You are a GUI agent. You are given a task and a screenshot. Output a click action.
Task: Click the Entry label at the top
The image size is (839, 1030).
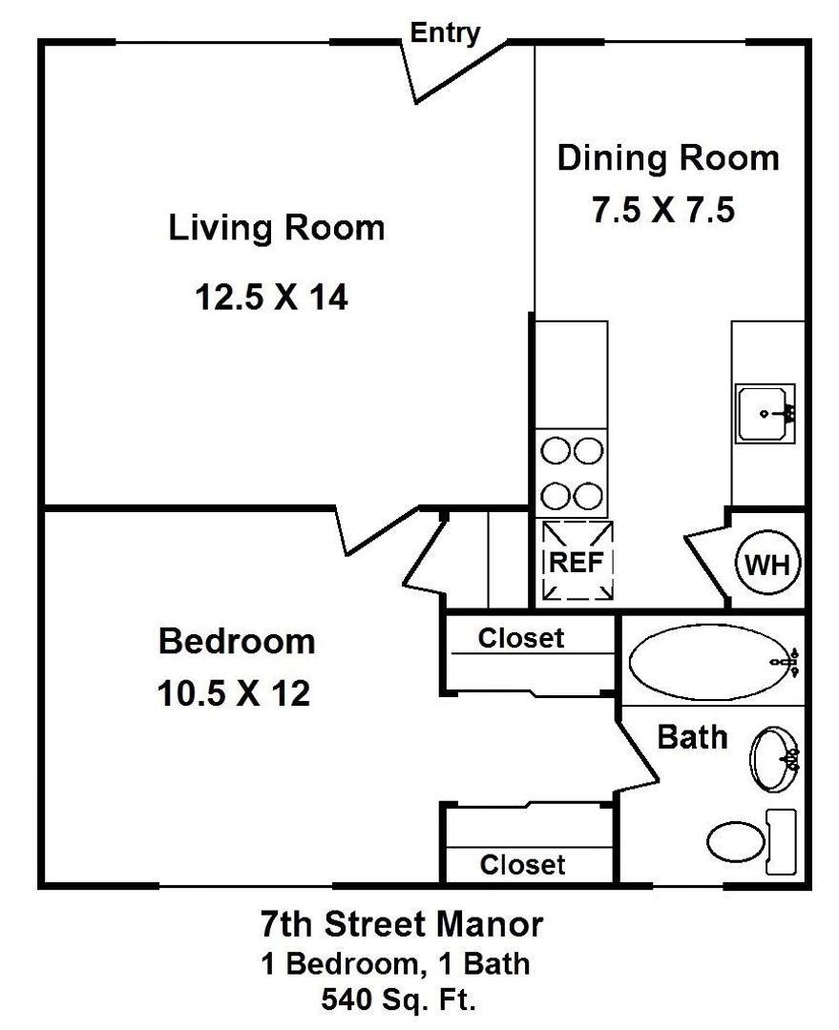click(445, 32)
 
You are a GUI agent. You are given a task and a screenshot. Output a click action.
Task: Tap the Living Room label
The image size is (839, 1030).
click(277, 228)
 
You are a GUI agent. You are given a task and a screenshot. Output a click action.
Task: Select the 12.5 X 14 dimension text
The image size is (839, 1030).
click(272, 297)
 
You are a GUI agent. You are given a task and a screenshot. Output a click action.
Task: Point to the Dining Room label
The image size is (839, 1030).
click(668, 158)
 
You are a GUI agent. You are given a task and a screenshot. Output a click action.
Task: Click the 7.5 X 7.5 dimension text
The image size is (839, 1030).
click(663, 210)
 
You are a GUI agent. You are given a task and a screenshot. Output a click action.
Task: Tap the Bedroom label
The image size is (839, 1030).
click(237, 641)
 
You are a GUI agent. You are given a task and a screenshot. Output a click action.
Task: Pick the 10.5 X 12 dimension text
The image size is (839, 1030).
click(234, 693)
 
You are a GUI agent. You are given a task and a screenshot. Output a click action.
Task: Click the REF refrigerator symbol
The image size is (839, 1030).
click(577, 561)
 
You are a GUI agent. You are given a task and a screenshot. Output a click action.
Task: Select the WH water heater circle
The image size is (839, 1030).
click(768, 564)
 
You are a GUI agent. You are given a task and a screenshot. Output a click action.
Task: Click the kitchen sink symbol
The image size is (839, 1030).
click(766, 414)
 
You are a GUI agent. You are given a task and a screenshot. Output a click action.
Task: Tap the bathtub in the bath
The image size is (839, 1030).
click(713, 662)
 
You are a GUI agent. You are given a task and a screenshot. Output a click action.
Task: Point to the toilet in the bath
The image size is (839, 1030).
click(751, 841)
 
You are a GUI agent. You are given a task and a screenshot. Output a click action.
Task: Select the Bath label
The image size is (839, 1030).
click(692, 737)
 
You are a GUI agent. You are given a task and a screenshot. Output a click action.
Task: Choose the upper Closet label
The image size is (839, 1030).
click(521, 638)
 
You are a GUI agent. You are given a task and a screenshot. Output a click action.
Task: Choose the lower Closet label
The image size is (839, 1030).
click(523, 864)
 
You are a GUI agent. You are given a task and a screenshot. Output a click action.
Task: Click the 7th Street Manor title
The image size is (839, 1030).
click(402, 923)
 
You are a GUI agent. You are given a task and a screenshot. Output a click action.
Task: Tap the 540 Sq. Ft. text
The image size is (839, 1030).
click(398, 999)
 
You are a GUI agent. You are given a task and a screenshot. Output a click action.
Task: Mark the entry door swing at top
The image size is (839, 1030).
click(453, 72)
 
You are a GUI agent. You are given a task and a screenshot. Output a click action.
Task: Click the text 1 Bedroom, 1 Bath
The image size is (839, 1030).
click(395, 963)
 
